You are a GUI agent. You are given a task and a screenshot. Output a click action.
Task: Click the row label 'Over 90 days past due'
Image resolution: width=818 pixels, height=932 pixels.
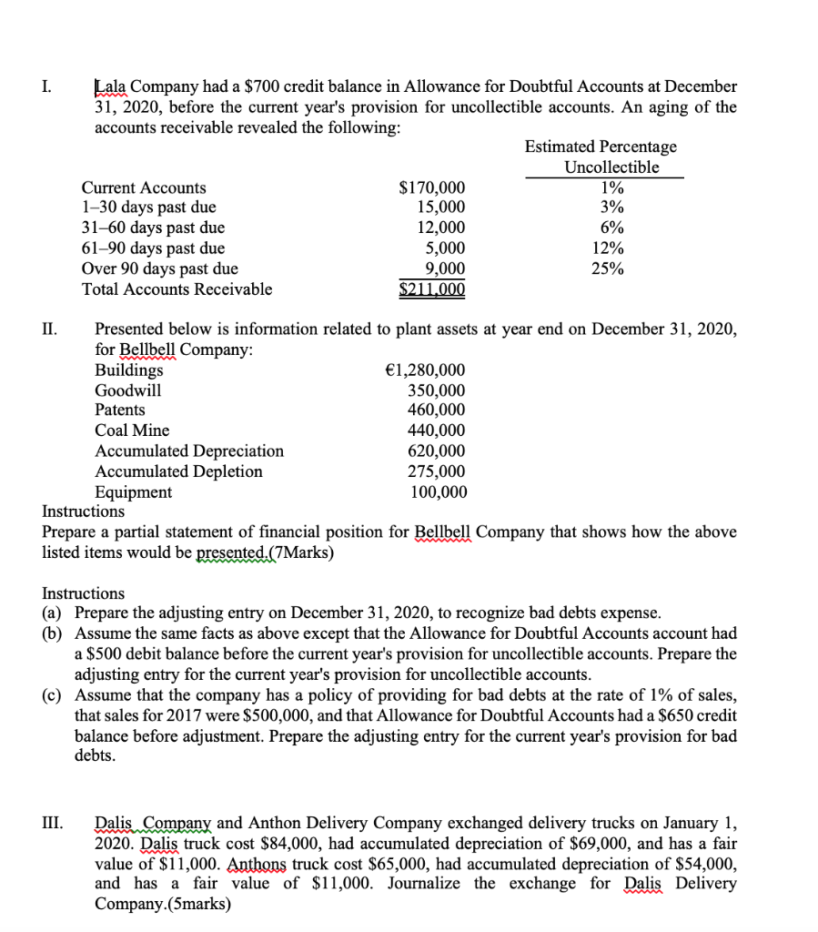point(160,268)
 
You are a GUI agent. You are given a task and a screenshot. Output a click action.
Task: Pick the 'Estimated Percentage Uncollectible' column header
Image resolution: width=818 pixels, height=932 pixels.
point(601,157)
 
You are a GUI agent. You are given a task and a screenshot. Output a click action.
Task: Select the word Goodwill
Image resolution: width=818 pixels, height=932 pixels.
point(128,390)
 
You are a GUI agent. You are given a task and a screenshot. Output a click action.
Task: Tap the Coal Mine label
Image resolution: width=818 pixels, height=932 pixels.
point(132,431)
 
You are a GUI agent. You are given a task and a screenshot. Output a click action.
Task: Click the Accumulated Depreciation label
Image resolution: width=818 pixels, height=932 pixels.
point(189,451)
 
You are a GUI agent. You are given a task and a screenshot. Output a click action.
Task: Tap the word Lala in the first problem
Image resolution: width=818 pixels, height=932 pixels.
point(114,86)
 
